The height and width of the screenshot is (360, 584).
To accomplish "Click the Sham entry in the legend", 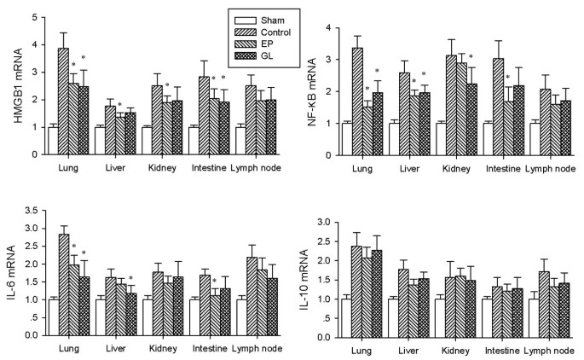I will tap(269, 18).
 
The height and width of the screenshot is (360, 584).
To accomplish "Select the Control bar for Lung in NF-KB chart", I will tap(358, 101).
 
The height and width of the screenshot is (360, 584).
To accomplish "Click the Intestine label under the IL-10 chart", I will tap(497, 349).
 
